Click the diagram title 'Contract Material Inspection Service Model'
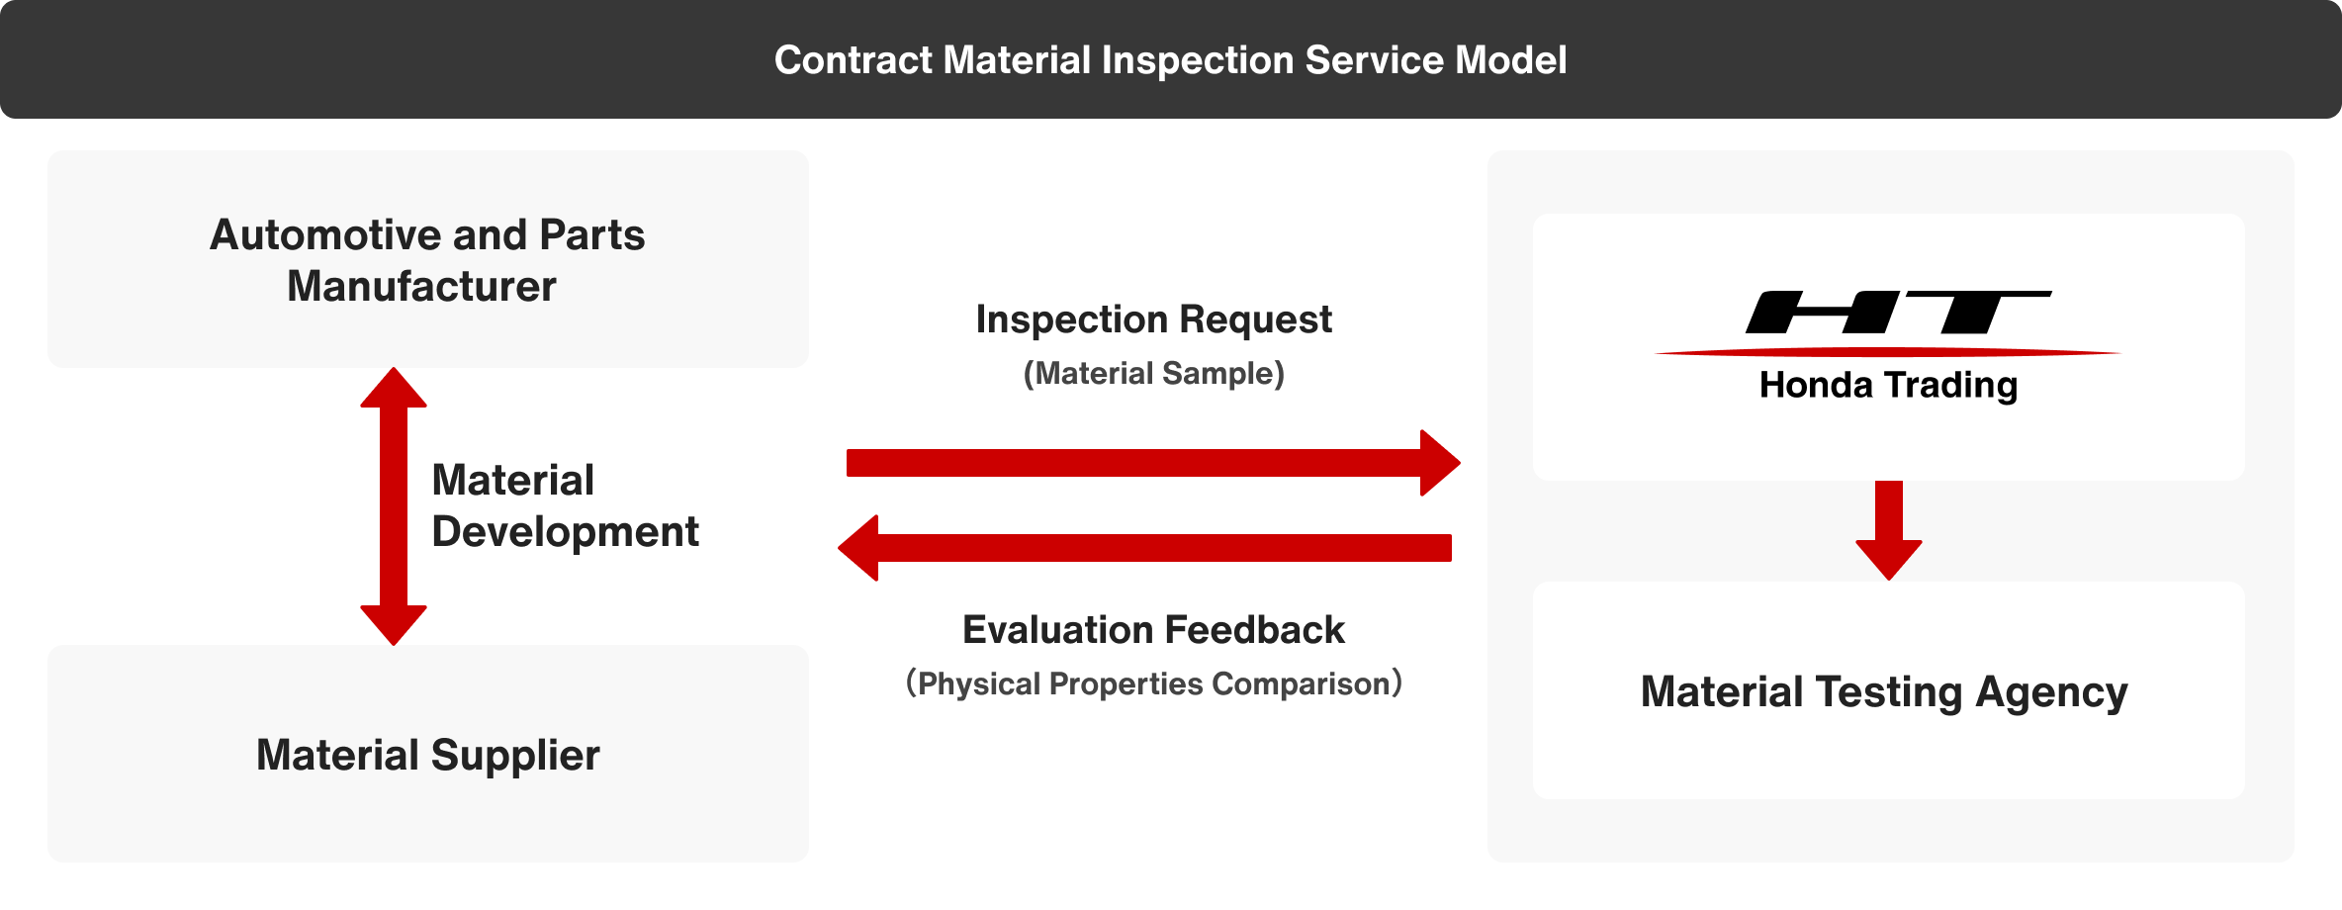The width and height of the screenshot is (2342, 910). (x=1170, y=60)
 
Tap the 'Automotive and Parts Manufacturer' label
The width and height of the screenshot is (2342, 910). (x=427, y=260)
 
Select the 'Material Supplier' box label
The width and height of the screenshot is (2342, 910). (x=428, y=756)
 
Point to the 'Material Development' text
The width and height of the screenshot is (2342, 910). (x=565, y=505)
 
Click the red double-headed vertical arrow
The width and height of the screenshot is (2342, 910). (x=394, y=506)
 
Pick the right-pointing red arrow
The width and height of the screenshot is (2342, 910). (x=1153, y=463)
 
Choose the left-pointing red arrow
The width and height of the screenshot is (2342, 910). (x=1144, y=548)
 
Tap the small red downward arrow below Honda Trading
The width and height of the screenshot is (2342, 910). (x=1889, y=530)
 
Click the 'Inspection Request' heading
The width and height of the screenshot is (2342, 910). (x=1153, y=319)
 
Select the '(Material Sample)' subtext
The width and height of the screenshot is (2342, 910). (x=1153, y=374)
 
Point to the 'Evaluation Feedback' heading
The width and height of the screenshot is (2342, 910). (x=1153, y=630)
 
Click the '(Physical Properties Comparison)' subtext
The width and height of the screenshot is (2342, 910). (x=1153, y=683)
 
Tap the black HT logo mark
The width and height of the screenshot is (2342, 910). (x=1898, y=313)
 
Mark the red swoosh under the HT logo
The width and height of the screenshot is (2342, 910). (x=1888, y=352)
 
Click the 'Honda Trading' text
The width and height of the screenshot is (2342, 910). (x=1888, y=386)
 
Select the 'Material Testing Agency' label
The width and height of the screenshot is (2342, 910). (x=1884, y=692)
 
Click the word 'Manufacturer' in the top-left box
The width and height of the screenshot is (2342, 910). (x=422, y=287)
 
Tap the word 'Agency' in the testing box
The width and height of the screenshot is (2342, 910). (x=2052, y=693)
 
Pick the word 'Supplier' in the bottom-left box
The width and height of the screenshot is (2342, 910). (x=515, y=757)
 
